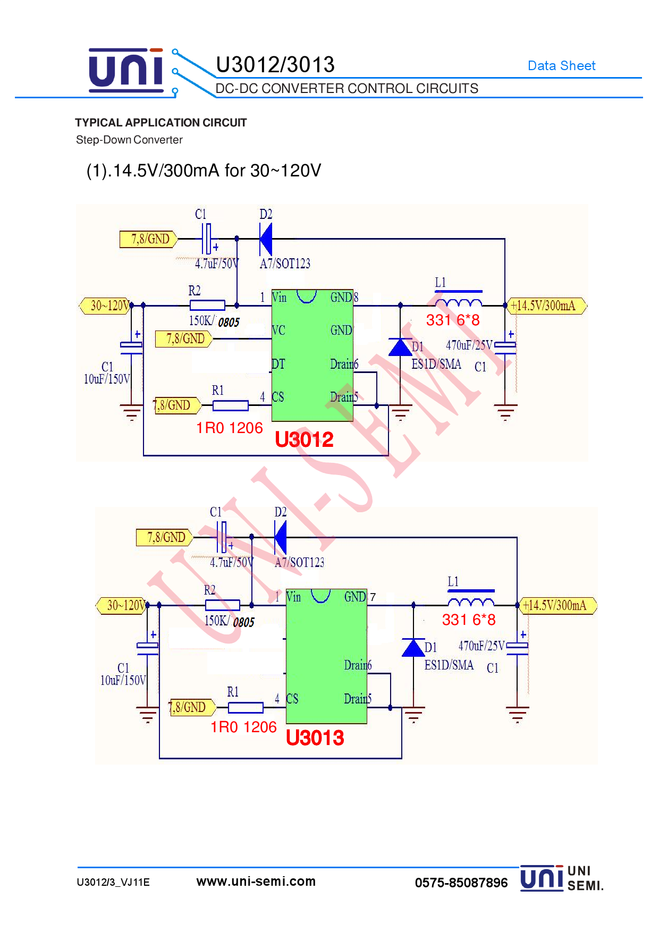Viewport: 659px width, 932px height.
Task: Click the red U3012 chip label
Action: tap(304, 439)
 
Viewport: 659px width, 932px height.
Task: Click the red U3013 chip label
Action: tap(315, 738)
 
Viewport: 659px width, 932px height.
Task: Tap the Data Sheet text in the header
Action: tap(561, 66)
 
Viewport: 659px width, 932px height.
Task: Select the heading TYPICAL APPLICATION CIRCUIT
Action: tap(160, 123)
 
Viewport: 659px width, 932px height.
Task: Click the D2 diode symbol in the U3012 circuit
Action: tap(266, 239)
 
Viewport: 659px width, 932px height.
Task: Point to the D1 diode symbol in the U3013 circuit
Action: tap(413, 647)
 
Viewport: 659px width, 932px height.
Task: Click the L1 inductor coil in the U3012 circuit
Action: tap(458, 303)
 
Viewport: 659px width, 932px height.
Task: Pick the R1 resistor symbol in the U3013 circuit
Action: tap(246, 707)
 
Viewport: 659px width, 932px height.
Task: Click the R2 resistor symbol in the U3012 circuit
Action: tap(207, 305)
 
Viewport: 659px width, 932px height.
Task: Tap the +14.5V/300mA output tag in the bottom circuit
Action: tap(557, 605)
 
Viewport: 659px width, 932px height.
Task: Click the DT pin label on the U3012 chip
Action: tap(278, 364)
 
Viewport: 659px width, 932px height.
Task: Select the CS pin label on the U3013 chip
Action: tap(292, 699)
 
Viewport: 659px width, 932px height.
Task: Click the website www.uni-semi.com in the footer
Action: tap(256, 882)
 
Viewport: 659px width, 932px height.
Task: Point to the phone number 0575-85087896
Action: tap(461, 883)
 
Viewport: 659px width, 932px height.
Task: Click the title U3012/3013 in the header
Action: tap(275, 65)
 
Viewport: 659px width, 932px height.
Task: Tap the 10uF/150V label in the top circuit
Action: tap(107, 379)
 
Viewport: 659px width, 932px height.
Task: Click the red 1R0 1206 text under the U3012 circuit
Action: tap(230, 428)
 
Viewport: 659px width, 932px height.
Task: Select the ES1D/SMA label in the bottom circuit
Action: tap(449, 665)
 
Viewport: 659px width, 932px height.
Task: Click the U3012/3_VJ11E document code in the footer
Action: tap(113, 883)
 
